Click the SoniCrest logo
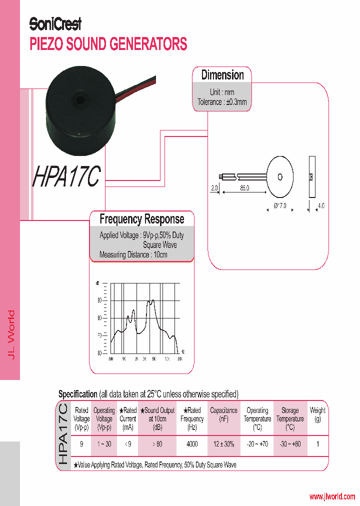coord(55,23)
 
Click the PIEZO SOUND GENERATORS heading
coord(108,44)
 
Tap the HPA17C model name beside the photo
coord(67,177)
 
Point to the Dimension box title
coord(222,75)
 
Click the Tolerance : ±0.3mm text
coord(222,102)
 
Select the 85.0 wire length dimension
coord(244,188)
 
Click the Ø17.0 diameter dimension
coord(280,205)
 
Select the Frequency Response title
coord(141,219)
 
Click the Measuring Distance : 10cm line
coord(133,254)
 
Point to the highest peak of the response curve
coord(152,300)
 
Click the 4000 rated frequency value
coord(192,444)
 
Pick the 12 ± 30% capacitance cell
coord(223,444)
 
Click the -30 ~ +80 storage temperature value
coord(290,444)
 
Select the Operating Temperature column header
coord(257,418)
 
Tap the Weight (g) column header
coord(317,414)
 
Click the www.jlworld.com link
coord(332,496)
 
